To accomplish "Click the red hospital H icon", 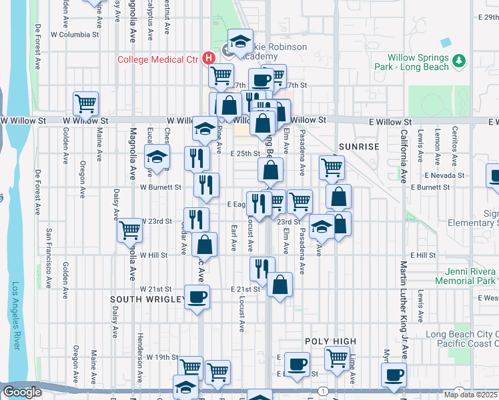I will tap(209, 58).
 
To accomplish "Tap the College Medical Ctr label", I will tap(158, 59).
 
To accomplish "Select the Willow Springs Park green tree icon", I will tap(458, 62).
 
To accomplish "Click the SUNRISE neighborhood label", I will tap(358, 146).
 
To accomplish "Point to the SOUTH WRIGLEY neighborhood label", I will tap(147, 300).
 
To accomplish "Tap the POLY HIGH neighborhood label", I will tap(330, 341).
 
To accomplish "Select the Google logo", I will tap(22, 392).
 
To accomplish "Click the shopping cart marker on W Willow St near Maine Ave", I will tap(86, 103).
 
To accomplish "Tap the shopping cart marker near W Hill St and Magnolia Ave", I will tap(129, 231).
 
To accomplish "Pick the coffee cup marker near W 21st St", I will tap(197, 296).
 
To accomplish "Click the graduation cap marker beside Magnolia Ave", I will tap(157, 158).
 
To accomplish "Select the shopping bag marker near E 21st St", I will tap(280, 285).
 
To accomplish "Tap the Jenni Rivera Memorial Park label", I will tap(466, 276).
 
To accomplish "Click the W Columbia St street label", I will tap(74, 34).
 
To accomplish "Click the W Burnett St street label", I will tap(160, 187).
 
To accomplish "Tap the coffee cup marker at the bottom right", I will tap(395, 375).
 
